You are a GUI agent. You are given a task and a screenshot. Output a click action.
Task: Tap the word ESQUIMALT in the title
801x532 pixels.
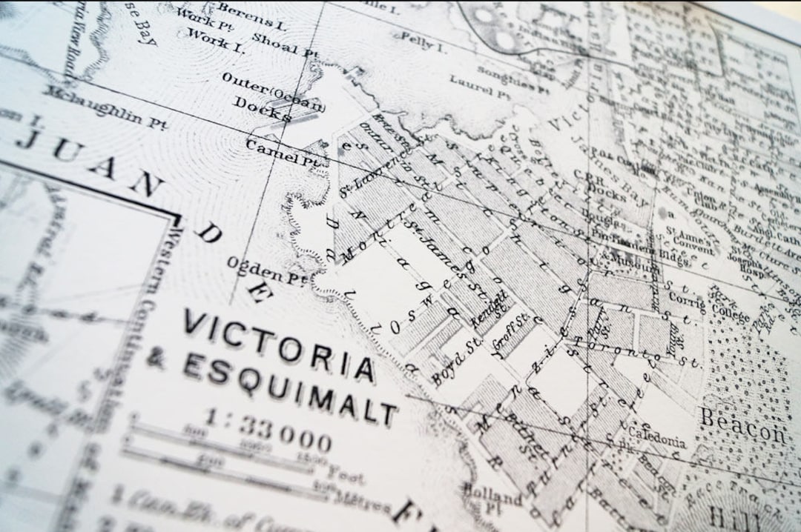point(289,386)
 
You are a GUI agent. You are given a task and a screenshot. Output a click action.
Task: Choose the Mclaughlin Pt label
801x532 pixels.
point(104,107)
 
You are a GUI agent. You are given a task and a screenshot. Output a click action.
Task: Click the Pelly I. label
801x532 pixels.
point(421,42)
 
